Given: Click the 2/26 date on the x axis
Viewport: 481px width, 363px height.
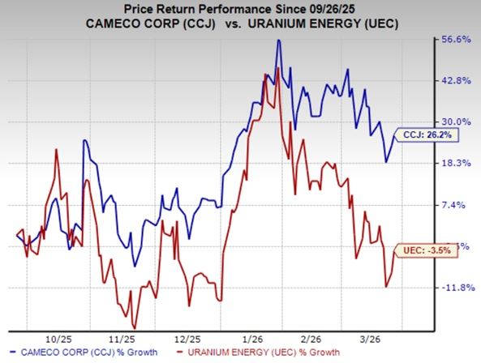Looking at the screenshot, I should [311, 338].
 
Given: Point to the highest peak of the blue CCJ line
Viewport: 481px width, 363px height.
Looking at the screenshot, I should [278, 40].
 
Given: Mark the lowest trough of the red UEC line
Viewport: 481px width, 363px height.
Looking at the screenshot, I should [134, 327].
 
